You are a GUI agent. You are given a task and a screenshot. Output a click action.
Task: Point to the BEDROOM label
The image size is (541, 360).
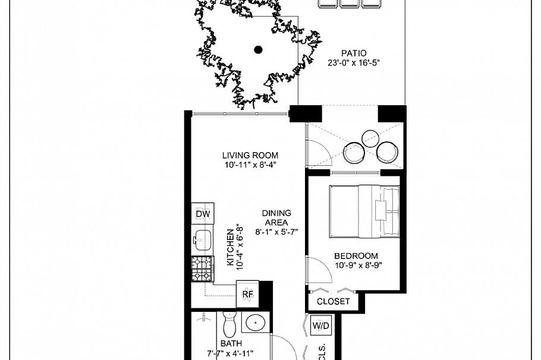coord(356,256)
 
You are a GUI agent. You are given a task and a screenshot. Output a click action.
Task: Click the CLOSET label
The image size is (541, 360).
coord(333,302)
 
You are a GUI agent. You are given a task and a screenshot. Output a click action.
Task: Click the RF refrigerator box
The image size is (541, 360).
coord(248,293)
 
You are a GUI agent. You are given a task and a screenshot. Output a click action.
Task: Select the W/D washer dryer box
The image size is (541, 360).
coord(320,326)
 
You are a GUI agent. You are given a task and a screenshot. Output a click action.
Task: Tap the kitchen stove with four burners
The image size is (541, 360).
coord(202,269)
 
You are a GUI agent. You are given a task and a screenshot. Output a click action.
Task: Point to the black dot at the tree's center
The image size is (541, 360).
coord(258,50)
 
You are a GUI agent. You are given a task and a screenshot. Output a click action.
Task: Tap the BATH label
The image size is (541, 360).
coord(231,343)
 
